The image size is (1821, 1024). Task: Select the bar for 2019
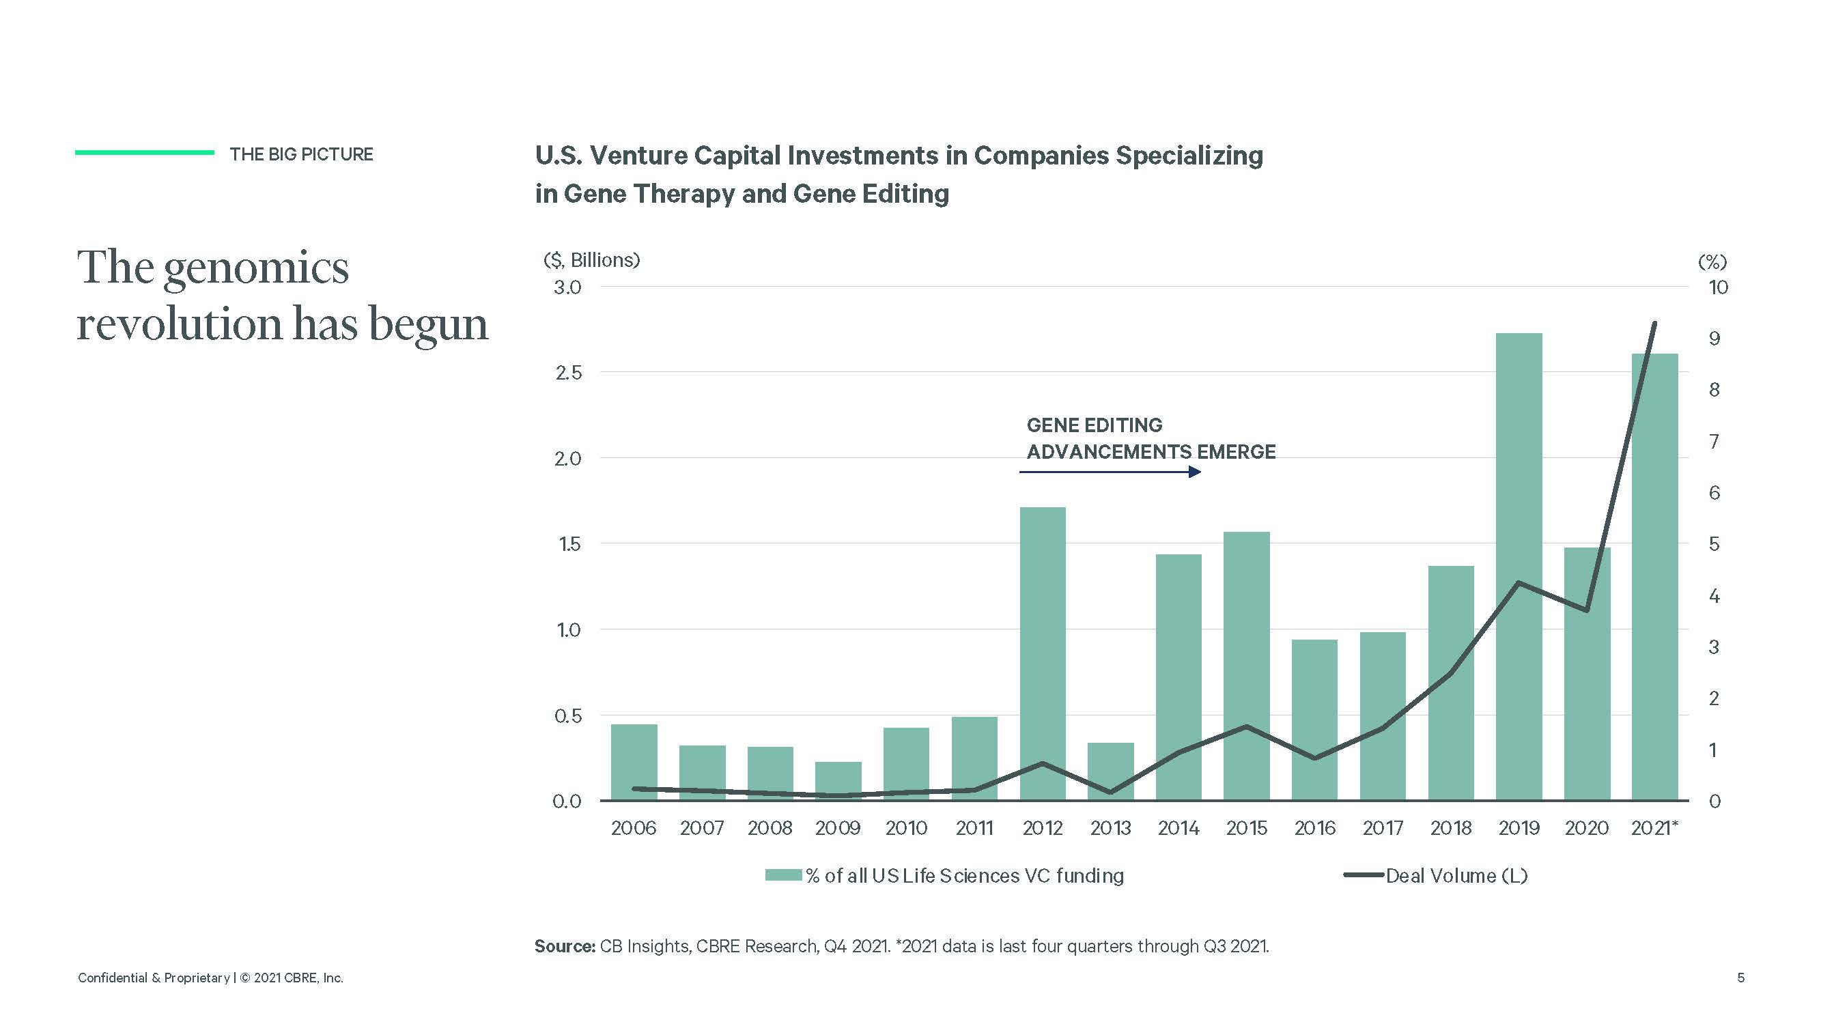pyautogui.click(x=1519, y=565)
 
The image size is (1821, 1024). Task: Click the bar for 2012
pyautogui.click(x=1042, y=654)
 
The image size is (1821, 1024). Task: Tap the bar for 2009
pyautogui.click(x=838, y=780)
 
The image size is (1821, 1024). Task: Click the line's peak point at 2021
pyautogui.click(x=1654, y=324)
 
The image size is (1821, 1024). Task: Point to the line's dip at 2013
pyautogui.click(x=1110, y=792)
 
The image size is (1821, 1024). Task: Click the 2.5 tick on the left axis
pyautogui.click(x=567, y=373)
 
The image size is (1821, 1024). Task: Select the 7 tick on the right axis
pyautogui.click(x=1714, y=442)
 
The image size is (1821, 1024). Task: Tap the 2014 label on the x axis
pyautogui.click(x=1178, y=827)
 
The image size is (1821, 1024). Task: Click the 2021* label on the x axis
pyautogui.click(x=1654, y=827)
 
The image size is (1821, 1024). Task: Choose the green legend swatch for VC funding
pyautogui.click(x=782, y=876)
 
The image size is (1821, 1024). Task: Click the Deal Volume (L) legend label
pyautogui.click(x=1456, y=876)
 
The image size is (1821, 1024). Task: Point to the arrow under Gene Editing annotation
pyautogui.click(x=1110, y=471)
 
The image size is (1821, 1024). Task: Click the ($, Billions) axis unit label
pyautogui.click(x=592, y=260)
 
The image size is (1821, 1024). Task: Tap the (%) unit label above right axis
pyautogui.click(x=1712, y=262)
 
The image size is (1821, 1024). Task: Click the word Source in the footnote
pyautogui.click(x=564, y=945)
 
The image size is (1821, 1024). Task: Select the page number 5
pyautogui.click(x=1740, y=978)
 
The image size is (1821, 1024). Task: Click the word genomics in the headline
pyautogui.click(x=256, y=268)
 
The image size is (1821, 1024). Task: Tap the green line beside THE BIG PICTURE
pyautogui.click(x=144, y=152)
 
